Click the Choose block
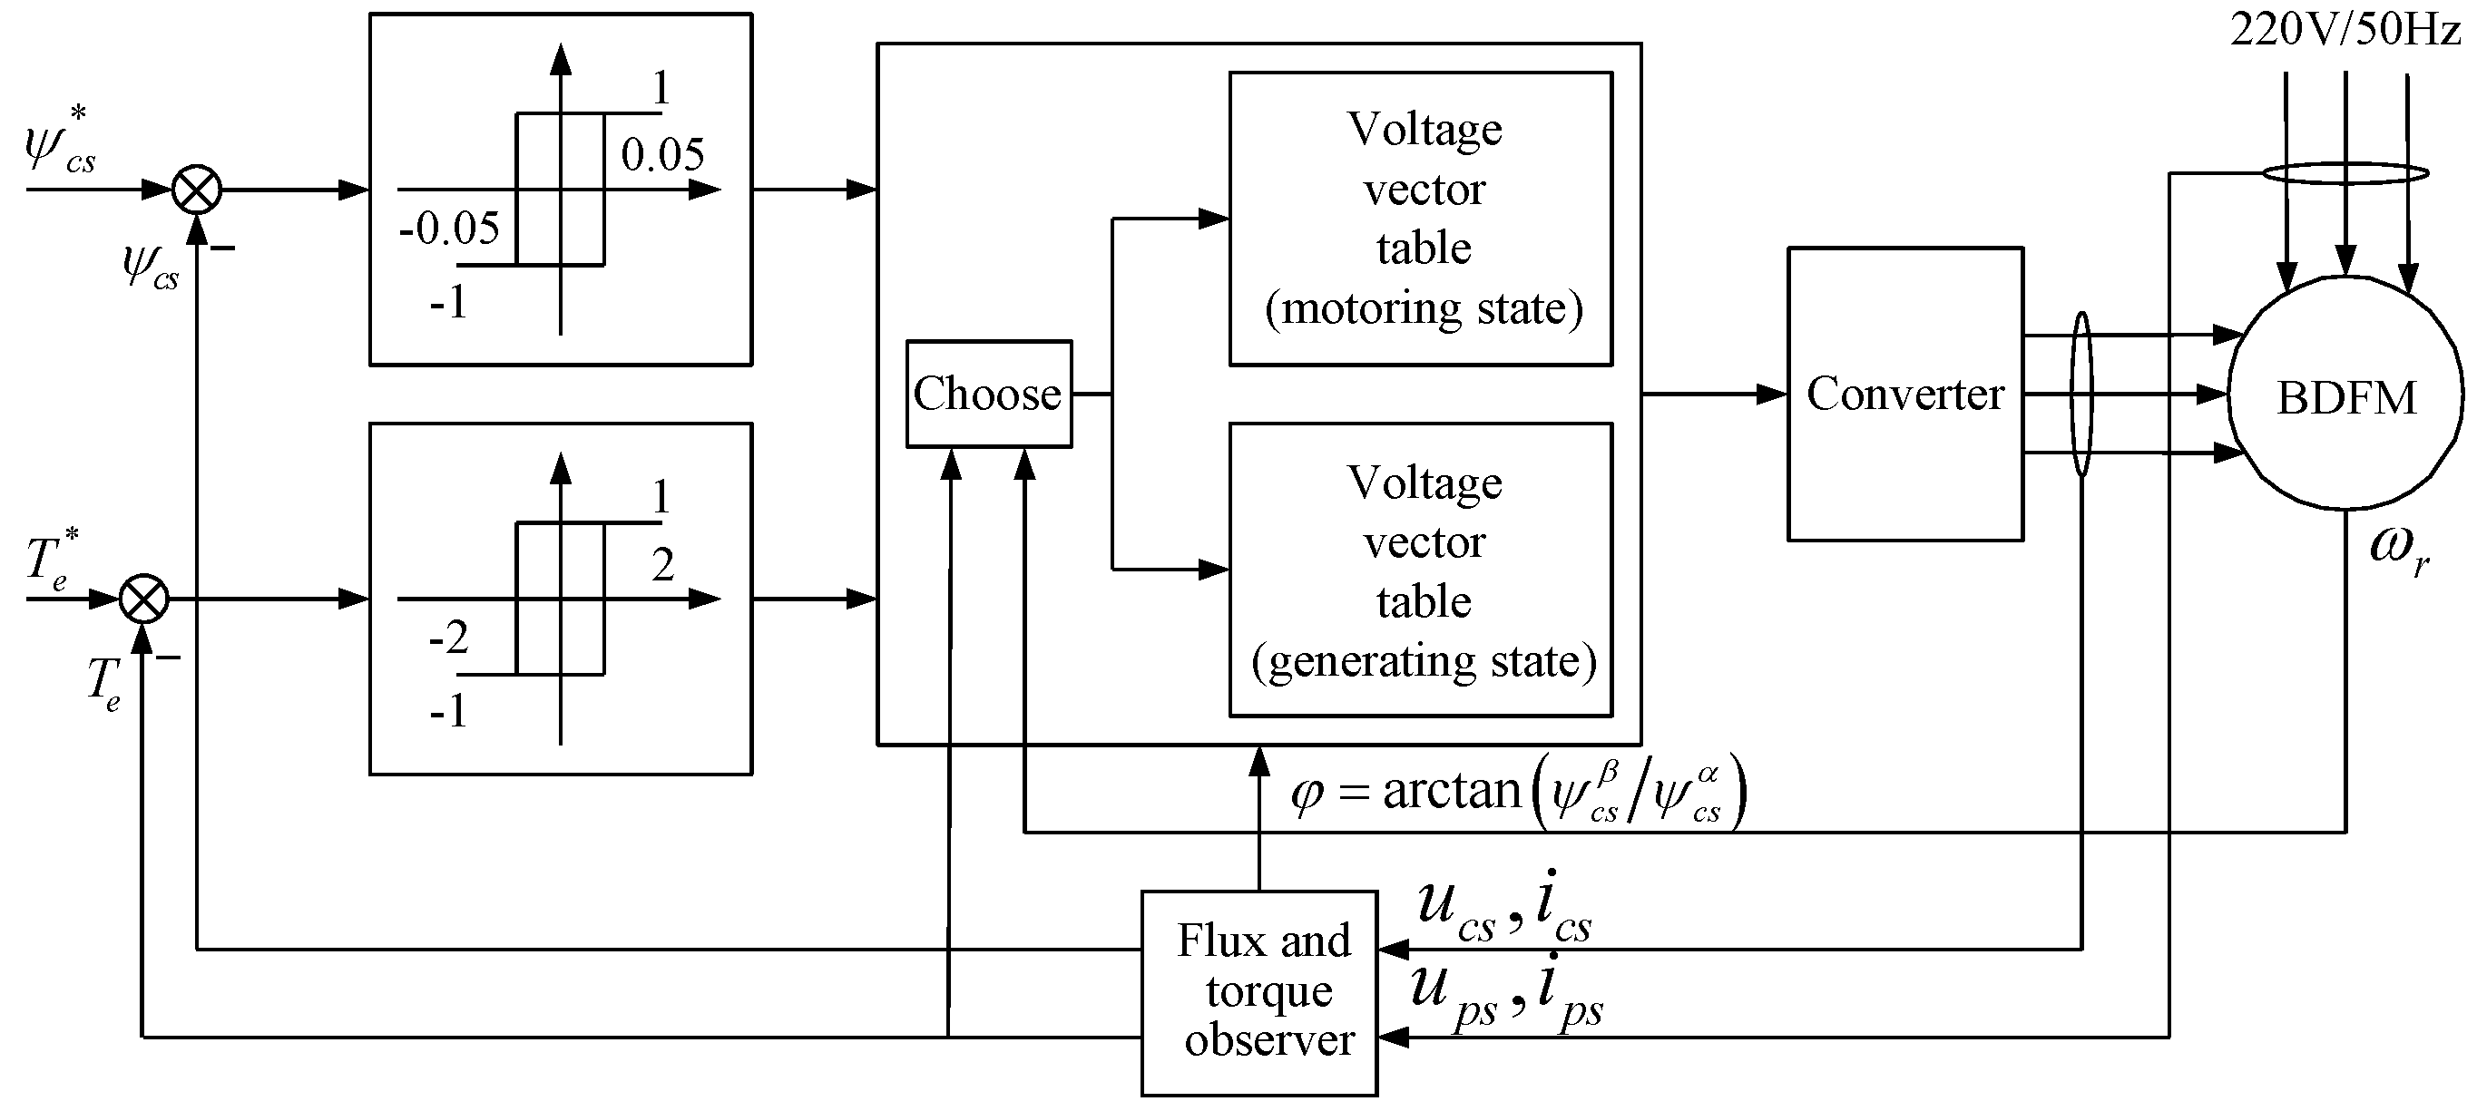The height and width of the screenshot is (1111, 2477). pos(987,394)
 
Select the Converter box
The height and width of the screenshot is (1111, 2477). pos(1904,394)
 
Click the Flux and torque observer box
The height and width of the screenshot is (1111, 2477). pos(1258,992)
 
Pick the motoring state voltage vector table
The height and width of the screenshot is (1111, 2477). pos(1420,219)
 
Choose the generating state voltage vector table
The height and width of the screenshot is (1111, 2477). pos(1420,570)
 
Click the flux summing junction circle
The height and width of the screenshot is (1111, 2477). pos(196,190)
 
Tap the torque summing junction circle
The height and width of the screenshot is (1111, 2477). pos(143,599)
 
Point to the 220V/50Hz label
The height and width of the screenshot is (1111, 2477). pos(2344,31)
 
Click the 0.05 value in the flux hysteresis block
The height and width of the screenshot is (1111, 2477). pos(661,155)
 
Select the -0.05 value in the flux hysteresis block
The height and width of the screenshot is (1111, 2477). pos(449,229)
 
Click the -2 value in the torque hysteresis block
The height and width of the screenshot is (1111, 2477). pos(448,638)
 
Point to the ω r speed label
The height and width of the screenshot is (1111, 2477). pos(2398,551)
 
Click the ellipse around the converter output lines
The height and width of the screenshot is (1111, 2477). pos(2080,394)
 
